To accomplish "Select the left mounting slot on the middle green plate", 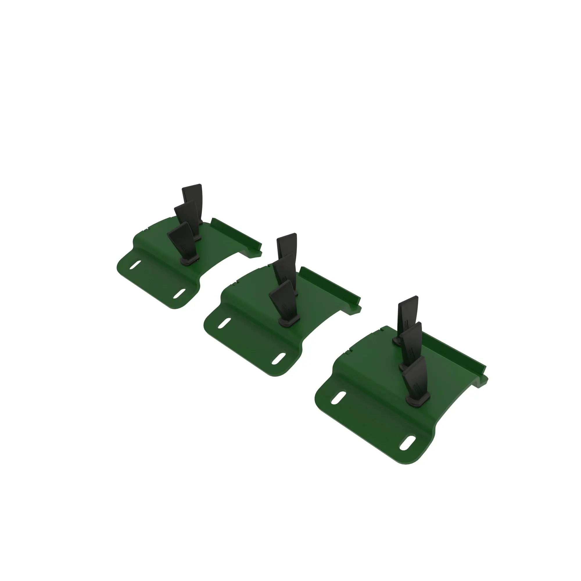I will coord(224,323).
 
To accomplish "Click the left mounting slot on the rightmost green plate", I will coord(338,397).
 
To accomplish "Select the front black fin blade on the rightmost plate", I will coord(416,376).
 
